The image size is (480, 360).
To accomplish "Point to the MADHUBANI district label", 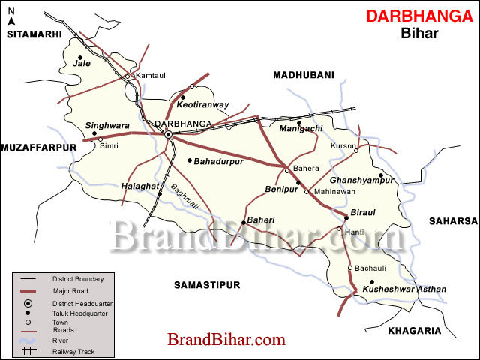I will (303, 75).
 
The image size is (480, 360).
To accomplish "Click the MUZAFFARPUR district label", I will (39, 148).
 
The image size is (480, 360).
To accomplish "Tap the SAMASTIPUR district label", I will (206, 285).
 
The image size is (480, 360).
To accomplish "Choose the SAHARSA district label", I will (453, 220).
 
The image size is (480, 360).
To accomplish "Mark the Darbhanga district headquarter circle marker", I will (169, 135).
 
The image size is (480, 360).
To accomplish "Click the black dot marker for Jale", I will (79, 57).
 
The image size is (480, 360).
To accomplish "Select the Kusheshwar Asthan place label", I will (404, 289).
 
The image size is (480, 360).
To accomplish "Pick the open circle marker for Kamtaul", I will (128, 76).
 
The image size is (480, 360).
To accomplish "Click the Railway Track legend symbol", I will (30, 350).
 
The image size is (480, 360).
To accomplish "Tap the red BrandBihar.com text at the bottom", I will (226, 340).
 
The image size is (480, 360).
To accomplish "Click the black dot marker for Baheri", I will (244, 222).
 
